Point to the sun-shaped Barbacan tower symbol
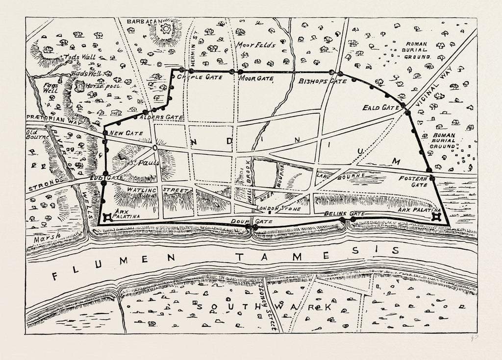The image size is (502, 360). [x=166, y=29]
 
